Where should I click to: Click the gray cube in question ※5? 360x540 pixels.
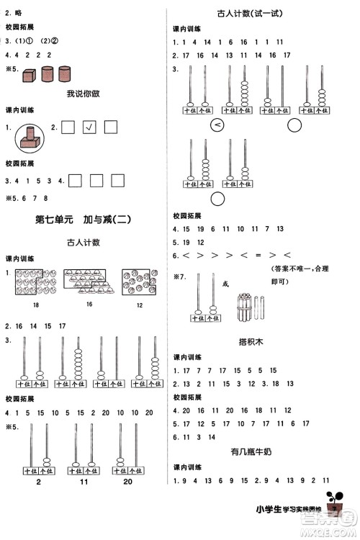click(x=30, y=74)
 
